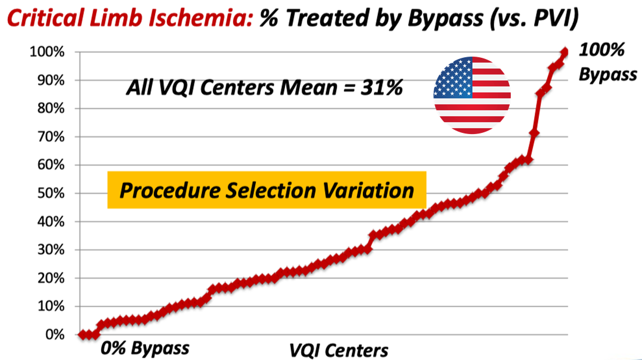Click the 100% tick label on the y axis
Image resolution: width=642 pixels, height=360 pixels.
pyautogui.click(x=46, y=52)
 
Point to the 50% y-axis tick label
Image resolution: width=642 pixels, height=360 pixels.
pyautogui.click(x=50, y=194)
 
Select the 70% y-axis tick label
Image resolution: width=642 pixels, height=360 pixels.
pyautogui.click(x=50, y=137)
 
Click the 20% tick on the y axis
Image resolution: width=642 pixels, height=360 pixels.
pyautogui.click(x=50, y=278)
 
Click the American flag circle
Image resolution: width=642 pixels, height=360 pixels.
pyautogui.click(x=472, y=95)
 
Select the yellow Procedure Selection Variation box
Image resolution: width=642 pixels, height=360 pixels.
pyautogui.click(x=266, y=190)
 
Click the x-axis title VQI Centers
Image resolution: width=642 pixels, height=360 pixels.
pyautogui.click(x=339, y=350)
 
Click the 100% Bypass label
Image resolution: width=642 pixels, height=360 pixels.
pyautogui.click(x=607, y=62)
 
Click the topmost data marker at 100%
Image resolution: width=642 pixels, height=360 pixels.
pyautogui.click(x=565, y=52)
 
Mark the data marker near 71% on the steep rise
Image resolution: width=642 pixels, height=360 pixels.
pyautogui.click(x=534, y=134)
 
